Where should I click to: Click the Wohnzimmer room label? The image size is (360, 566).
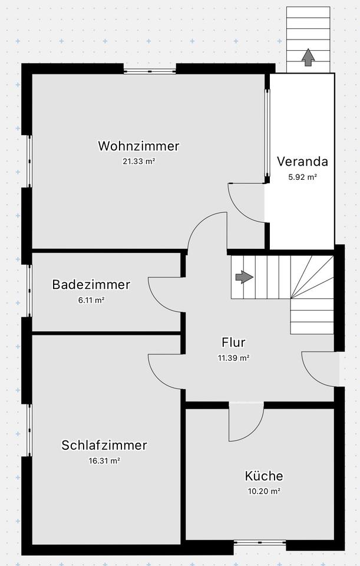tap(138, 146)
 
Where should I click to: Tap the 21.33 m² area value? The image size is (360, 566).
tap(138, 161)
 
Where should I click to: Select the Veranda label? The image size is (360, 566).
tap(302, 161)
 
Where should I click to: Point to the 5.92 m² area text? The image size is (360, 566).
tap(302, 176)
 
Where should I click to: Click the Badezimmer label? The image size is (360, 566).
tap(91, 285)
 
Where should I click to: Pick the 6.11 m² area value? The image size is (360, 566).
tap(91, 300)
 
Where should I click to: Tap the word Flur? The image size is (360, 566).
tap(233, 342)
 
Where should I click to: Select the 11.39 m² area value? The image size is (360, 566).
tap(233, 357)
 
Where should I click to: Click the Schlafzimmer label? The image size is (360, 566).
tap(104, 445)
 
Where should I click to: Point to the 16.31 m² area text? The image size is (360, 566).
tap(104, 461)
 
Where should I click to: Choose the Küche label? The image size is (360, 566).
tap(264, 476)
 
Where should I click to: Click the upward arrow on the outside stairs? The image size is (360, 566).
tap(308, 57)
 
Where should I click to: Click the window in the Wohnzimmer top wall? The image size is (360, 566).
tap(150, 71)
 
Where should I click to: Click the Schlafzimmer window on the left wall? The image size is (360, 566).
tap(29, 429)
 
